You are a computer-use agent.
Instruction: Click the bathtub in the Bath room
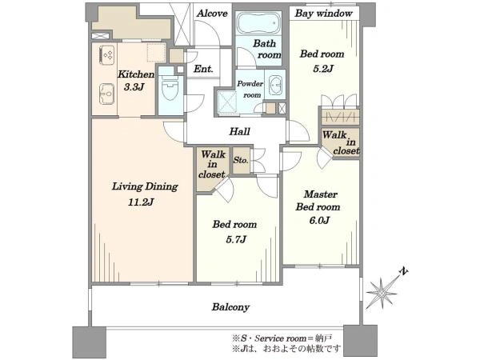pyautogui.click(x=258, y=23)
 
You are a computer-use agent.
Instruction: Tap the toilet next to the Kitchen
pyautogui.click(x=170, y=88)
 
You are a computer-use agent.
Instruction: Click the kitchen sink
pyautogui.click(x=107, y=94)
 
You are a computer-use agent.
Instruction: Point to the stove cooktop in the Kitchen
pyautogui.click(x=107, y=55)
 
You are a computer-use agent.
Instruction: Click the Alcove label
pyautogui.click(x=212, y=14)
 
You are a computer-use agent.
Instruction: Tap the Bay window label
pyautogui.click(x=323, y=14)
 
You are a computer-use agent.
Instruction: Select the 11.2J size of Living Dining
pyautogui.click(x=141, y=202)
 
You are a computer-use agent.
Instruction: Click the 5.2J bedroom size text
pyautogui.click(x=323, y=69)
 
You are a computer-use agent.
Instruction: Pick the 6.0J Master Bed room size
pyautogui.click(x=319, y=221)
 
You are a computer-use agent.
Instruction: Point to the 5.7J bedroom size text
pyautogui.click(x=236, y=239)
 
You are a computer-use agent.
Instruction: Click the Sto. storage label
pyautogui.click(x=241, y=160)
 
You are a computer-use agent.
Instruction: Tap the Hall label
pyautogui.click(x=240, y=132)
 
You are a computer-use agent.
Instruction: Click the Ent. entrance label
pyautogui.click(x=203, y=69)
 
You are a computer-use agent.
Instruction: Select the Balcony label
pyautogui.click(x=230, y=307)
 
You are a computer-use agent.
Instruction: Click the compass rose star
pyautogui.click(x=382, y=294)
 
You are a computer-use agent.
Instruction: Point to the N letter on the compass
pyautogui.click(x=404, y=271)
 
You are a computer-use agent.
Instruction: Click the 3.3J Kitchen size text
pyautogui.click(x=134, y=87)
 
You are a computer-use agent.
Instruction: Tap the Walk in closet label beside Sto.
pyautogui.click(x=212, y=164)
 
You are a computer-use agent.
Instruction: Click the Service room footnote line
pyautogui.click(x=282, y=338)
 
